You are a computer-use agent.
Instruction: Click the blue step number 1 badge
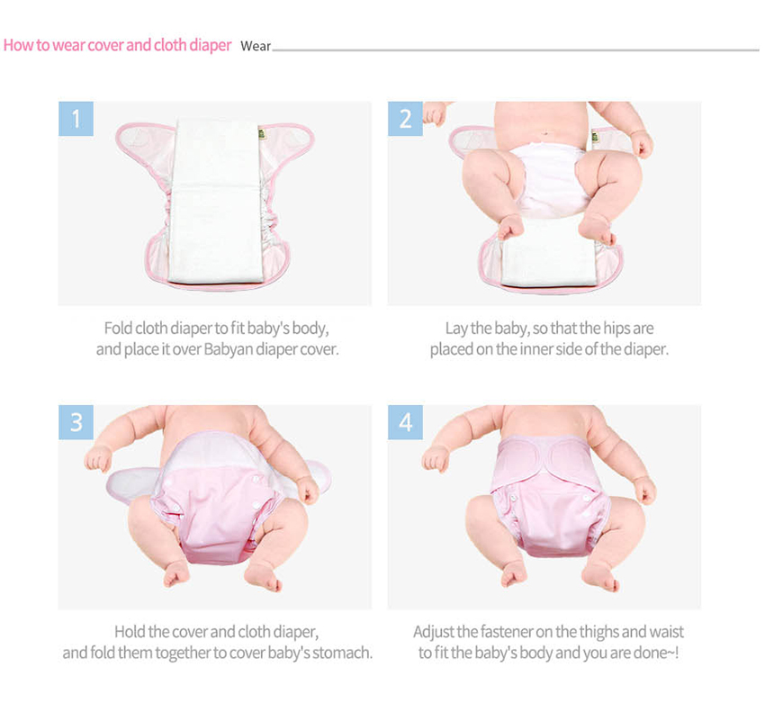pos(76,119)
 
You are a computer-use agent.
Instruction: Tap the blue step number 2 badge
pos(405,119)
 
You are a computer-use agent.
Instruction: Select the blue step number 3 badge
pos(76,422)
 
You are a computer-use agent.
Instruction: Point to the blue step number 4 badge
pos(405,422)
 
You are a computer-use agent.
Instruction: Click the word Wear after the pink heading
pos(256,46)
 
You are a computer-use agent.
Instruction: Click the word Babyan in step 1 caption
pos(228,349)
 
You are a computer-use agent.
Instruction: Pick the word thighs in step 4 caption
pos(596,632)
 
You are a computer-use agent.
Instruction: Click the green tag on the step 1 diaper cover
pos(262,134)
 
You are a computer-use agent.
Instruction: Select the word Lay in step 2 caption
pos(456,329)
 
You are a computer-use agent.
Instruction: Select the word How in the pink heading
pos(19,45)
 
